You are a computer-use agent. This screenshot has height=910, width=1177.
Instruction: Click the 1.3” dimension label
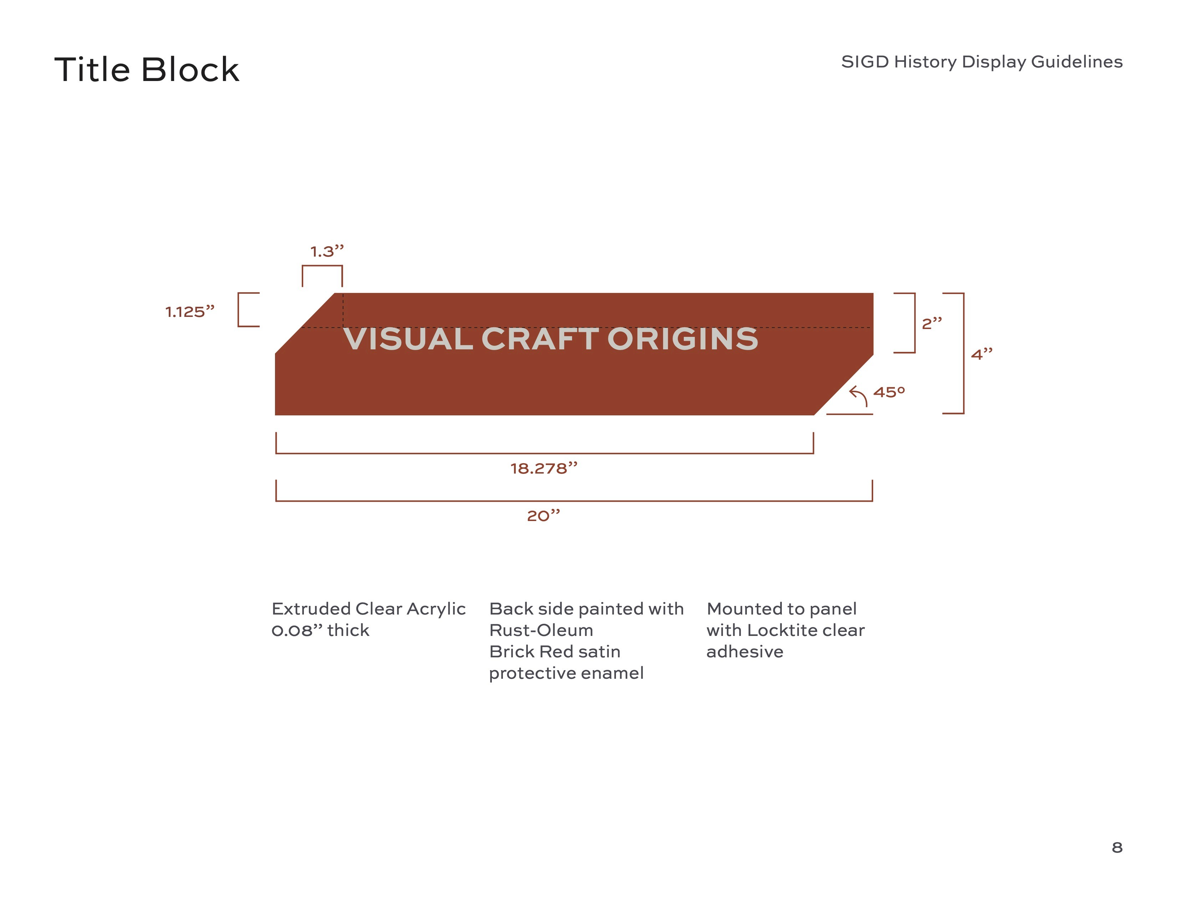click(327, 251)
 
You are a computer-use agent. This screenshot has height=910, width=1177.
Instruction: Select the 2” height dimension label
click(932, 323)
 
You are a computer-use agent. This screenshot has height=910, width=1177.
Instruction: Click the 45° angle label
click(889, 392)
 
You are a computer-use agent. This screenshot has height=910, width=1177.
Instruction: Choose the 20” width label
click(543, 516)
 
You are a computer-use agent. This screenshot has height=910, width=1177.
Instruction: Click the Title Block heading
click(147, 70)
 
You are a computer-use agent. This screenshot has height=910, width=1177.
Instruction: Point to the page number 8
click(1117, 848)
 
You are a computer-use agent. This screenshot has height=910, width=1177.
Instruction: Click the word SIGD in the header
click(865, 62)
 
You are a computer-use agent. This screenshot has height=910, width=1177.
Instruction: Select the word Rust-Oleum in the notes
click(541, 630)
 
